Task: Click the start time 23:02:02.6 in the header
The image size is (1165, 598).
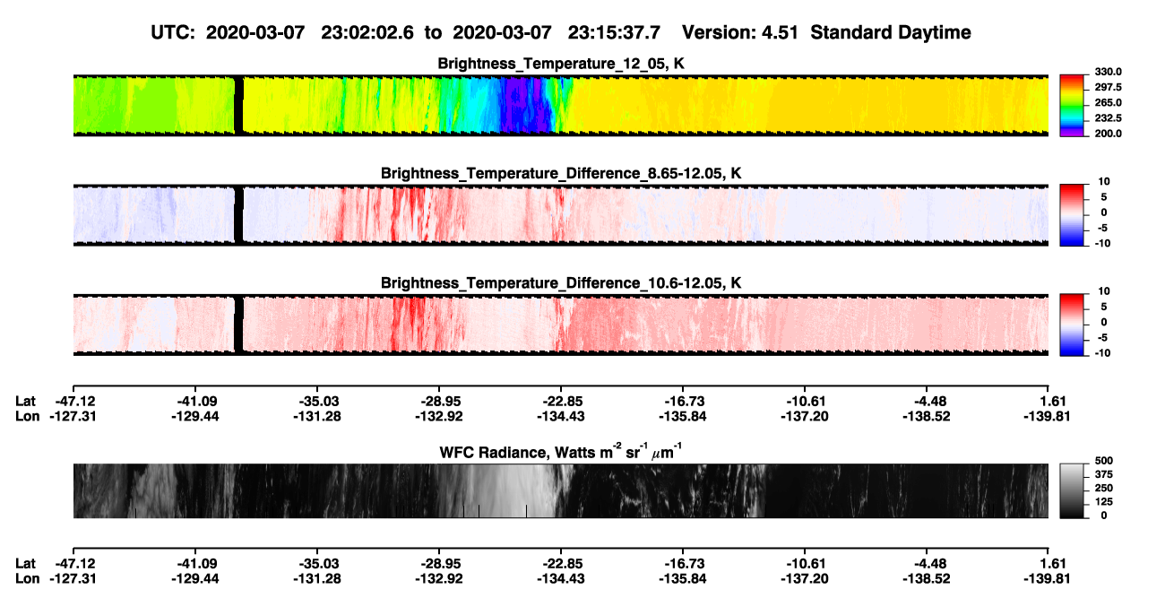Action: (x=367, y=33)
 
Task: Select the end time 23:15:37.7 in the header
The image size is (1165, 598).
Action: (x=614, y=33)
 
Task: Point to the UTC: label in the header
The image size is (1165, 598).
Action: (x=173, y=33)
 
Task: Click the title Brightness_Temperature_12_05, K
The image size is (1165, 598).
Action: (x=561, y=64)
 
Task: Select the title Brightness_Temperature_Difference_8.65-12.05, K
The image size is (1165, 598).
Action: (x=561, y=173)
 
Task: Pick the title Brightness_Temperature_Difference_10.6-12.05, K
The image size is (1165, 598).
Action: (x=561, y=283)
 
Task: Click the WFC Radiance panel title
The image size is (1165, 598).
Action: (x=561, y=452)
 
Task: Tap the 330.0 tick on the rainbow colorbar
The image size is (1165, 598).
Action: (x=1108, y=72)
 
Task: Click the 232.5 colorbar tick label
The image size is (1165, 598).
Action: (x=1108, y=118)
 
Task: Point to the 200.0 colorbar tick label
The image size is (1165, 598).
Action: (x=1108, y=134)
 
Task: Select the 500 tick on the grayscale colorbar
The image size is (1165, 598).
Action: (x=1104, y=461)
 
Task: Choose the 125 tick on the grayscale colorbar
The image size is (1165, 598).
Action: (x=1104, y=502)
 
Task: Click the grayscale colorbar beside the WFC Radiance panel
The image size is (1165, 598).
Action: (x=1072, y=490)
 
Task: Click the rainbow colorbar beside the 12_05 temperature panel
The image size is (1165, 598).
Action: (x=1072, y=106)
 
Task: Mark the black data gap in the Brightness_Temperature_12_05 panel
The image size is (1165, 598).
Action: (x=238, y=106)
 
